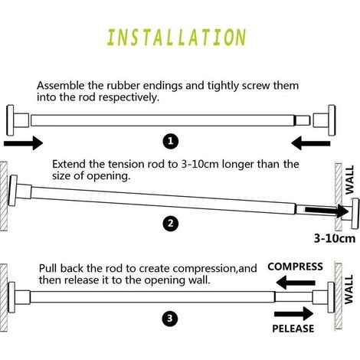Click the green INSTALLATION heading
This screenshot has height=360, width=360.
pyautogui.click(x=176, y=38)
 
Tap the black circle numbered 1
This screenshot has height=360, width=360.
pyautogui.click(x=171, y=141)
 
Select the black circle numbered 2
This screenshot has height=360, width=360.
pyautogui.click(x=171, y=223)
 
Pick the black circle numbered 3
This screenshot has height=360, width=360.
pyautogui.click(x=170, y=319)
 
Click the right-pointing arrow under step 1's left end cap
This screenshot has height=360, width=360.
pyautogui.click(x=23, y=143)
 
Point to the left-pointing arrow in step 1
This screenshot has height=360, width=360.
pyautogui.click(x=311, y=143)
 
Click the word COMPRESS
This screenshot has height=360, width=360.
pyautogui.click(x=295, y=267)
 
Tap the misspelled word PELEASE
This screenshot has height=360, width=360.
pyautogui.click(x=293, y=329)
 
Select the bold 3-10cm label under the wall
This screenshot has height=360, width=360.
pyautogui.click(x=335, y=238)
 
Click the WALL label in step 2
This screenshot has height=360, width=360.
pyautogui.click(x=349, y=180)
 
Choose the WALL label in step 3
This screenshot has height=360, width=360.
pyautogui.click(x=349, y=290)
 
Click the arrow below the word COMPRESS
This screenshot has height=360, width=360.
pyautogui.click(x=296, y=283)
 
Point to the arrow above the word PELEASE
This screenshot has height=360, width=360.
pyautogui.click(x=294, y=313)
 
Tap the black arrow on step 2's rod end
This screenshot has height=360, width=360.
pyautogui.click(x=327, y=211)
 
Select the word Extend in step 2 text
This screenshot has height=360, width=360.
pyautogui.click(x=69, y=164)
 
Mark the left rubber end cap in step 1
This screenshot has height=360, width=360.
pyautogui.click(x=18, y=120)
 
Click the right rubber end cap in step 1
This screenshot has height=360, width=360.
pyautogui.click(x=324, y=120)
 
